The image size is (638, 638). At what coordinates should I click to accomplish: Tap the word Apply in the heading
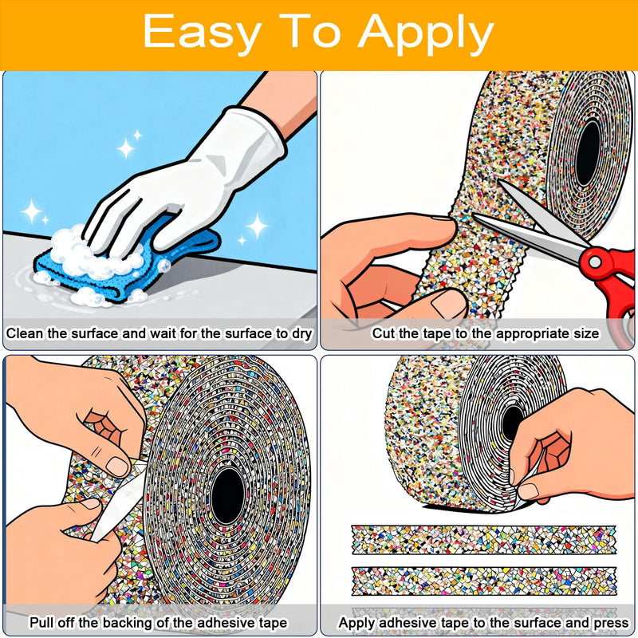click(426, 33)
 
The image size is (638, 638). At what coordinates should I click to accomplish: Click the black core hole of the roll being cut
click(589, 153)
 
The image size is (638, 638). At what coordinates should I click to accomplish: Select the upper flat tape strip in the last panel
click(484, 540)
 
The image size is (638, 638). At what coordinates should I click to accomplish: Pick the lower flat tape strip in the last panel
click(484, 581)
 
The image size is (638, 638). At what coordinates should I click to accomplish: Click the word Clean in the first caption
click(25, 333)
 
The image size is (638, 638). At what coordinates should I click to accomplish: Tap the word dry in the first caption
click(301, 334)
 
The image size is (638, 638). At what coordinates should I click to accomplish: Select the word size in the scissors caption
click(586, 333)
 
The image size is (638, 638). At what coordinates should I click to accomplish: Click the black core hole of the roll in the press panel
click(512, 423)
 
